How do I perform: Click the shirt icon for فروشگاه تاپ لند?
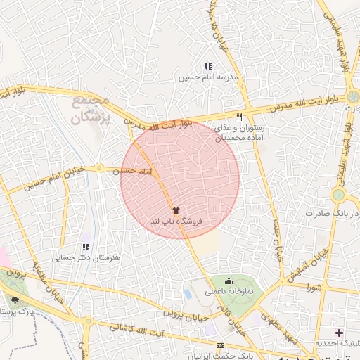coord(176,210)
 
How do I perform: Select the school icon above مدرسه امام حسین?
coord(208,66)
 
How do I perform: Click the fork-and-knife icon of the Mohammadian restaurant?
coord(239,117)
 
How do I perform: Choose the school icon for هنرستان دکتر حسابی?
coord(86,247)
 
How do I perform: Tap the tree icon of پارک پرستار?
coord(15,300)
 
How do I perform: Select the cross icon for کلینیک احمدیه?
coord(340,332)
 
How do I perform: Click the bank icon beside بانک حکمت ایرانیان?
coord(221,346)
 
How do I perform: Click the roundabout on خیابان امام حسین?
coord(100,169)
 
